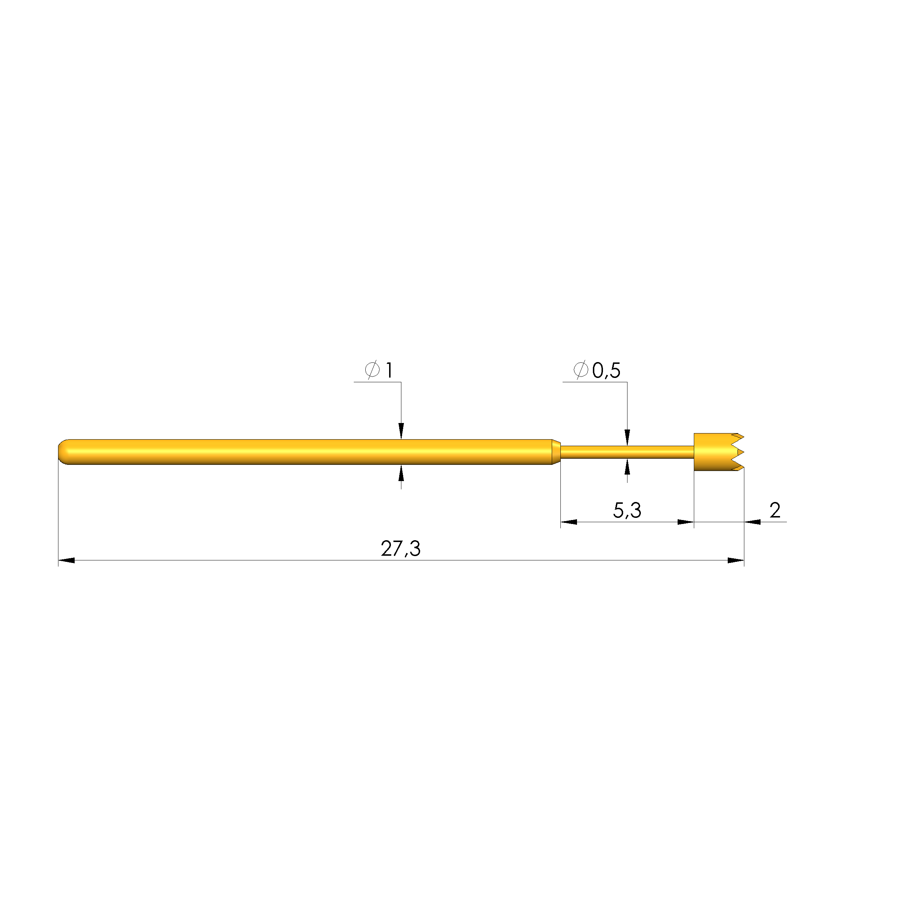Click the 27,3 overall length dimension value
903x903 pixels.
pos(401,549)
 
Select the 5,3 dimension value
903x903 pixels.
pos(627,510)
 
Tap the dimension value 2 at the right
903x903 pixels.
pos(775,510)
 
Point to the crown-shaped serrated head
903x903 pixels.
pos(718,452)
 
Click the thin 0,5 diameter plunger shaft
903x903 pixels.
pos(627,452)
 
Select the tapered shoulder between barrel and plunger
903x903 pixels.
pos(556,452)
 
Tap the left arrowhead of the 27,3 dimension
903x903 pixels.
pos(66,560)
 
